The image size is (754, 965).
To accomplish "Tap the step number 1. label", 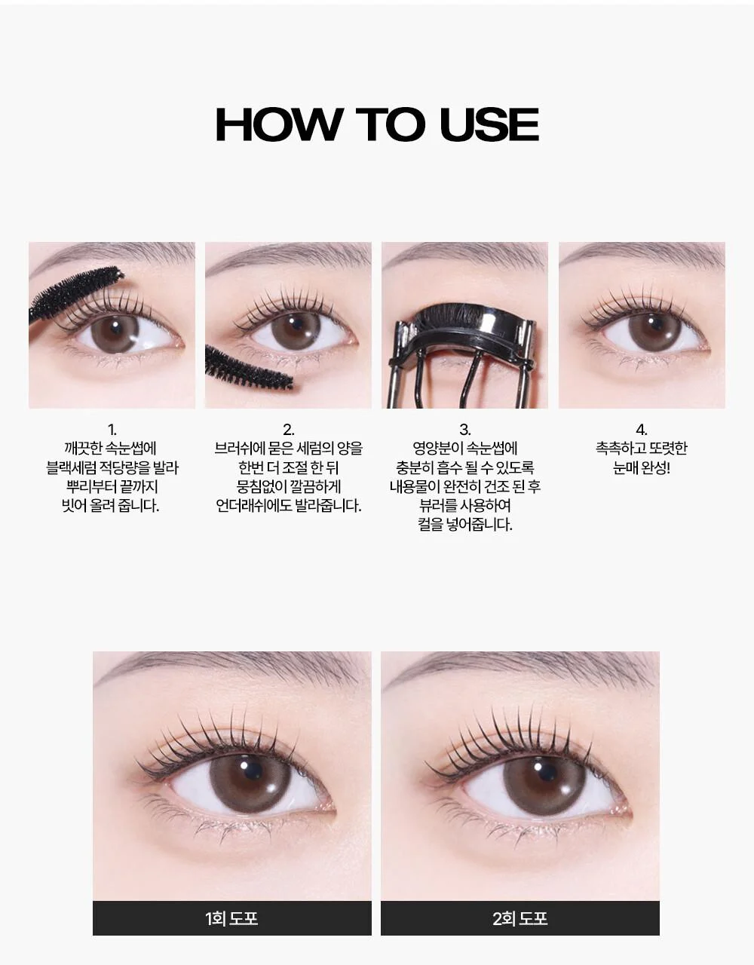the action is click(112, 430).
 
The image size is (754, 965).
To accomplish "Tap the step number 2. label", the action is click(289, 430).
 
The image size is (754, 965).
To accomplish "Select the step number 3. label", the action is click(465, 430).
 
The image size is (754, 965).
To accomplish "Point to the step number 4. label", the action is click(642, 430).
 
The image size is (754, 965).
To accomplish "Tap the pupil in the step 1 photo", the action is click(115, 327).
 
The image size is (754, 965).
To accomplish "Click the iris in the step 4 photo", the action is click(654, 332).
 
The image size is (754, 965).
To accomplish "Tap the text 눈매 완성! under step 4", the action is click(642, 468).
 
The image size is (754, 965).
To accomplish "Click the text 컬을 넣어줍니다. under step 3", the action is click(465, 525).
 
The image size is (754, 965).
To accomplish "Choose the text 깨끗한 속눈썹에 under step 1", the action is click(111, 449).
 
